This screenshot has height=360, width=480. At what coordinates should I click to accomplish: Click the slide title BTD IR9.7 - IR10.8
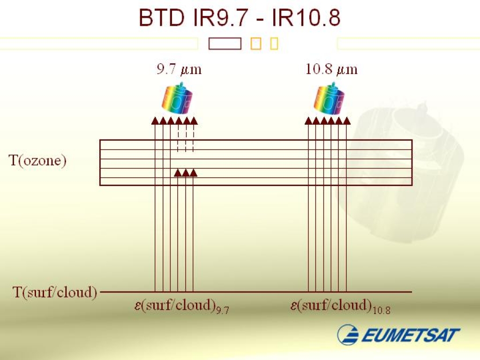point(240,18)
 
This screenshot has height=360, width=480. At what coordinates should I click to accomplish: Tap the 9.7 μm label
point(179,70)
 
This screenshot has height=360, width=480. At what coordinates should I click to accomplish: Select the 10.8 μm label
point(331,70)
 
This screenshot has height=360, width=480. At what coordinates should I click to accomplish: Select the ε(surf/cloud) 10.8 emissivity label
point(340,306)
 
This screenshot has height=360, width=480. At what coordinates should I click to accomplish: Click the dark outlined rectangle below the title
point(225,44)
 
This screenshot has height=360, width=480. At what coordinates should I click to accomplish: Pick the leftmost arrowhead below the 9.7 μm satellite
point(155,121)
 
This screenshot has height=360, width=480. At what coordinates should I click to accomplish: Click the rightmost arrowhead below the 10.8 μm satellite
point(347,121)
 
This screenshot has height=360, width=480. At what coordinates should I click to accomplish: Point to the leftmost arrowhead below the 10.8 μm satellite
point(308,121)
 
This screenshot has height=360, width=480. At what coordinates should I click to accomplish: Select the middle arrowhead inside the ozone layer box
point(186,173)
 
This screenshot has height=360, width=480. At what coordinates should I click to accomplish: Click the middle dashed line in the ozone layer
point(186,143)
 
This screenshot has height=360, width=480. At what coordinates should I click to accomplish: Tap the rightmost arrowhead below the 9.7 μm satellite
point(194,121)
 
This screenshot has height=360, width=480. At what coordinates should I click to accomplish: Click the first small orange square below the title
point(255,44)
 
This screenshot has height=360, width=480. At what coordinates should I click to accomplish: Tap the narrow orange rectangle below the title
point(274,44)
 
